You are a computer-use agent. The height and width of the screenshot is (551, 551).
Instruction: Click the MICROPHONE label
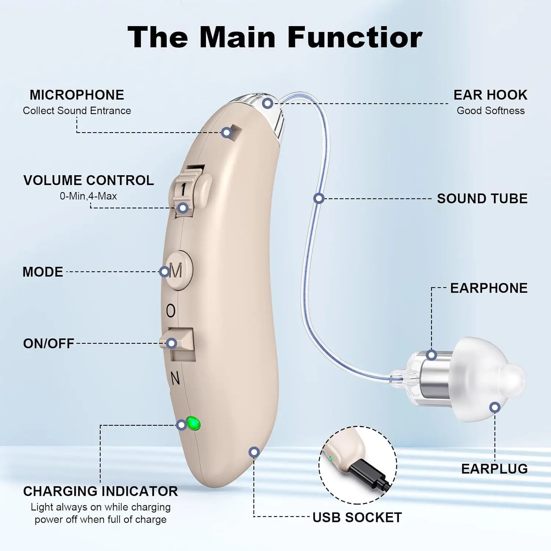(77, 95)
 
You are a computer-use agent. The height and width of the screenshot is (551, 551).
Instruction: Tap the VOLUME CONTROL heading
(89, 180)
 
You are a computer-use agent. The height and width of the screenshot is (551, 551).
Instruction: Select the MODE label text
(43, 272)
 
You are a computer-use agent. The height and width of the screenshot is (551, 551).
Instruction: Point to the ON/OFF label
(48, 343)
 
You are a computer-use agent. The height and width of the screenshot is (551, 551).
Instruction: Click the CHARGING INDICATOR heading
(100, 491)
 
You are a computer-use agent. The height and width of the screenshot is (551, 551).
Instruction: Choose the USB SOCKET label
(357, 518)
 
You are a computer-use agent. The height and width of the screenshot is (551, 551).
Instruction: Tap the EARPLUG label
(494, 469)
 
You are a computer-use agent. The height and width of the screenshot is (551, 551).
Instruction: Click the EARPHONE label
(489, 288)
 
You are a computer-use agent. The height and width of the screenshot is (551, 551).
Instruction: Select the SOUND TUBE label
(482, 199)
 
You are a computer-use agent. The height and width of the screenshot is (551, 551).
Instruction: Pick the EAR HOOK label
(490, 95)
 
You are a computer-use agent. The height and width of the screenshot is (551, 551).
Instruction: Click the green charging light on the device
(193, 424)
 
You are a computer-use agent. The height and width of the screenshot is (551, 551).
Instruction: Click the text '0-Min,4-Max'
(88, 196)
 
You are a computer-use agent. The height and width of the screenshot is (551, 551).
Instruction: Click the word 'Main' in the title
(237, 37)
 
